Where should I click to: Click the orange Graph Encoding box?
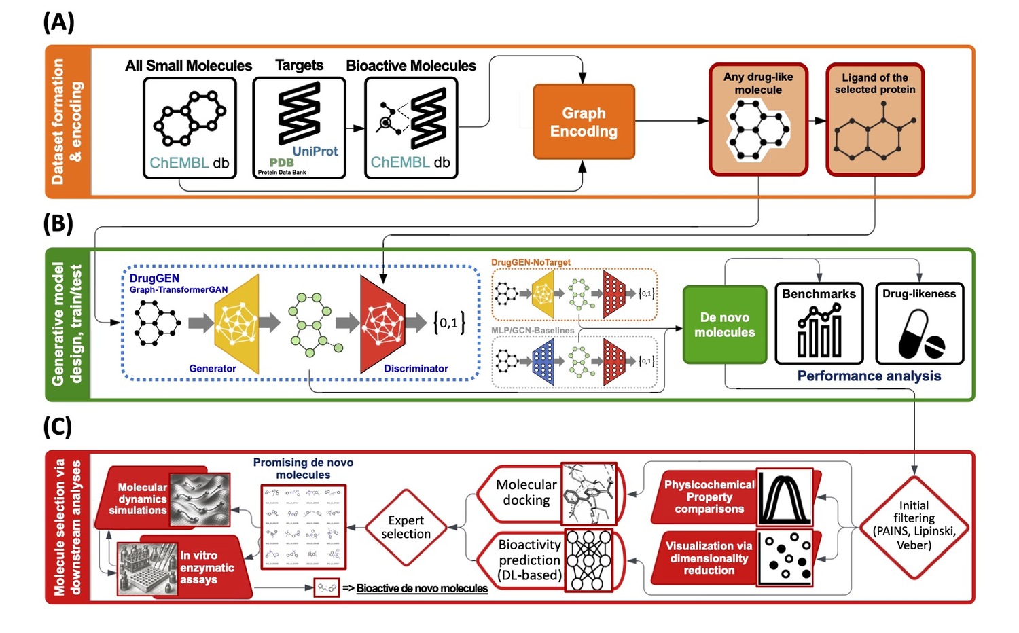(x=584, y=122)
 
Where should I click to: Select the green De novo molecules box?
(x=724, y=325)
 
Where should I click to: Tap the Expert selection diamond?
(x=406, y=527)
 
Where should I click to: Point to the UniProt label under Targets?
(x=315, y=151)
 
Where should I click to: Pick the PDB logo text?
(x=281, y=162)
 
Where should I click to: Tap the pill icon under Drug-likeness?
(x=920, y=335)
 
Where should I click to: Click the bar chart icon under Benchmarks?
(x=819, y=332)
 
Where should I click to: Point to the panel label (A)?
(x=58, y=22)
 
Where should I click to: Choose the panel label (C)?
(x=58, y=427)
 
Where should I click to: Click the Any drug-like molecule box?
(x=758, y=120)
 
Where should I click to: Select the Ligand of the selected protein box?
(x=875, y=120)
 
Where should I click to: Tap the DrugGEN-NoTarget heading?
(x=531, y=262)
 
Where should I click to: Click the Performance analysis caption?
(x=869, y=376)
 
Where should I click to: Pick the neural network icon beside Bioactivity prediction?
(x=588, y=560)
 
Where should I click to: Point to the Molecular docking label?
(x=526, y=492)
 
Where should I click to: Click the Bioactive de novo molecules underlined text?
(x=422, y=588)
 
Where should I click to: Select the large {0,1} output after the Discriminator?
(x=449, y=323)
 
